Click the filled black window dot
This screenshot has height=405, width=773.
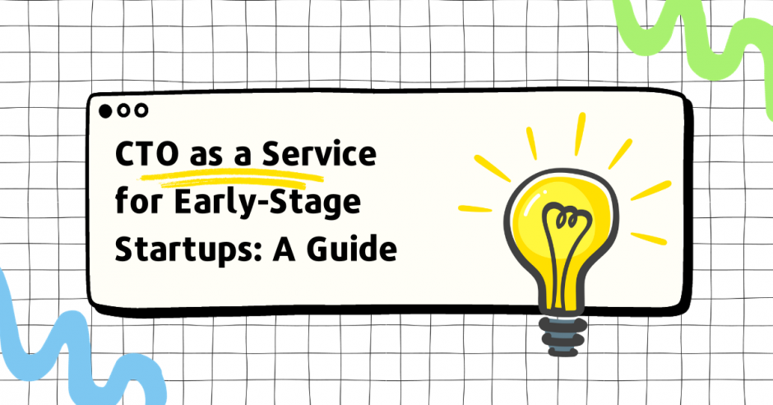point(104,109)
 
